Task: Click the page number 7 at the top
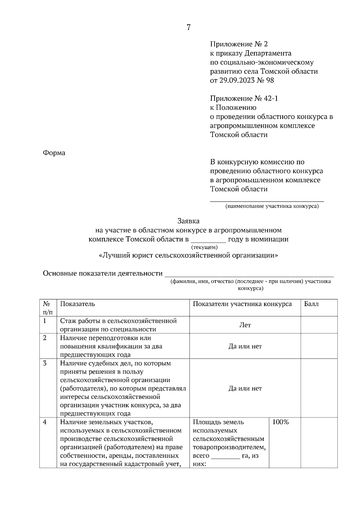pos(188,28)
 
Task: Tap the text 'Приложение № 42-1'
pos(244,99)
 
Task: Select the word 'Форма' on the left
pos(54,153)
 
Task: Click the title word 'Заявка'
pos(188,221)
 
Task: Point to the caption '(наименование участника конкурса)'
pos(272,206)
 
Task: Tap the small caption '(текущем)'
pos(204,247)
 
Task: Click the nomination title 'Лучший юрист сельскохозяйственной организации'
pos(188,255)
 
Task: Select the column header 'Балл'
pos(311,304)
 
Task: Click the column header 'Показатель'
pos(77,304)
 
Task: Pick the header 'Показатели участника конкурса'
pos(242,304)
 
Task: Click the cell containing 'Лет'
pos(245,325)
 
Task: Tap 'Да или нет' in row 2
pos(245,346)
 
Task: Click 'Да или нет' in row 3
pos(245,388)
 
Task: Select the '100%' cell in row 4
pos(280,422)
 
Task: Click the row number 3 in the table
pos(45,363)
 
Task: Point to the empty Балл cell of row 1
pos(319,325)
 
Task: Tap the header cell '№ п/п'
pos(48,308)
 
